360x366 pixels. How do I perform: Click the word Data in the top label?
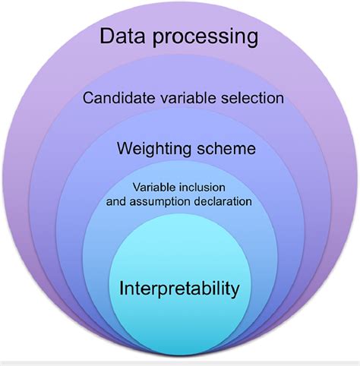coord(122,36)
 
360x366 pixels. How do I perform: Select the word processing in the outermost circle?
coord(205,38)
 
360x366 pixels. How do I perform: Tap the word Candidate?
coord(119,98)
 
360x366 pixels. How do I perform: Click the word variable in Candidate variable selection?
coord(189,98)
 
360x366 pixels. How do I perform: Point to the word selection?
coord(252,98)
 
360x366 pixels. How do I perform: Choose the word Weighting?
coord(154,149)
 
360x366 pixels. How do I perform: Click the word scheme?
coord(226,148)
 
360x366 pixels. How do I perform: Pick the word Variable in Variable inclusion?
coord(154,188)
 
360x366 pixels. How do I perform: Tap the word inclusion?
coord(202,188)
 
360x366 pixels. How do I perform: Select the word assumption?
coord(159,202)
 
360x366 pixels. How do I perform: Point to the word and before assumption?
coord(116,202)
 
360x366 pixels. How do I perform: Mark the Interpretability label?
coord(179,289)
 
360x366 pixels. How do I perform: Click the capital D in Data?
coord(106,36)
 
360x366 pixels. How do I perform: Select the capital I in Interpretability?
coord(121,288)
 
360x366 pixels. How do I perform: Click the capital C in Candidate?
coord(88,98)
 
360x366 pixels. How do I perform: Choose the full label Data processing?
coord(179,38)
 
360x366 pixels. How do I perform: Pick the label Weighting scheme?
coord(186,149)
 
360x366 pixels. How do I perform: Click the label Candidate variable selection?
coord(183,98)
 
